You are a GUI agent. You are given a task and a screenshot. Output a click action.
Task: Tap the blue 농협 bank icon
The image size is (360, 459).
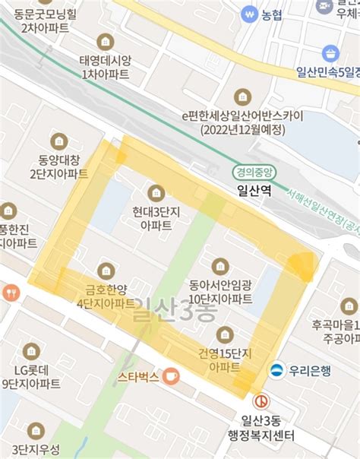click(248, 14)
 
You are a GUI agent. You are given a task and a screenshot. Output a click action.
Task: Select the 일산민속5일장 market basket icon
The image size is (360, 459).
click(330, 53)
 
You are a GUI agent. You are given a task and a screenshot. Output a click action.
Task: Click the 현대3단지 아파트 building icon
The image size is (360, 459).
click(156, 192)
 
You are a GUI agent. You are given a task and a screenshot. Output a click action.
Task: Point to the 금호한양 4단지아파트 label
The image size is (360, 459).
click(106, 296)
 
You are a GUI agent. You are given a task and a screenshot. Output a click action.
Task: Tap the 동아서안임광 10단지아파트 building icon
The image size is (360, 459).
click(220, 265)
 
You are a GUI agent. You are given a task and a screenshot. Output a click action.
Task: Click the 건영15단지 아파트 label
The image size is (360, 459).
click(225, 361)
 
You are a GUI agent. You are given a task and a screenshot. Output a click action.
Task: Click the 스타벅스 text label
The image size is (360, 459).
click(138, 376)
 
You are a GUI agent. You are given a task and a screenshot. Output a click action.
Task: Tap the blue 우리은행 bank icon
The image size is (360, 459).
click(278, 370)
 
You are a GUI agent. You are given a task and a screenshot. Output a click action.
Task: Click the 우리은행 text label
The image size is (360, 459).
click(311, 370)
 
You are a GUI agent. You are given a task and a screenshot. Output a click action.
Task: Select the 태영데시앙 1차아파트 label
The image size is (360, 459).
click(105, 67)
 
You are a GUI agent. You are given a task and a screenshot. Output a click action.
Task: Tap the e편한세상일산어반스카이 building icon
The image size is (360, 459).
click(242, 97)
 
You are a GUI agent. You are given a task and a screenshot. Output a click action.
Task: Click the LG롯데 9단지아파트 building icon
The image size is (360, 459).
click(31, 350)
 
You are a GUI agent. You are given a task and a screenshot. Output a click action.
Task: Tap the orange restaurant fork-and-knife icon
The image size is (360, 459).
click(11, 292)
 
